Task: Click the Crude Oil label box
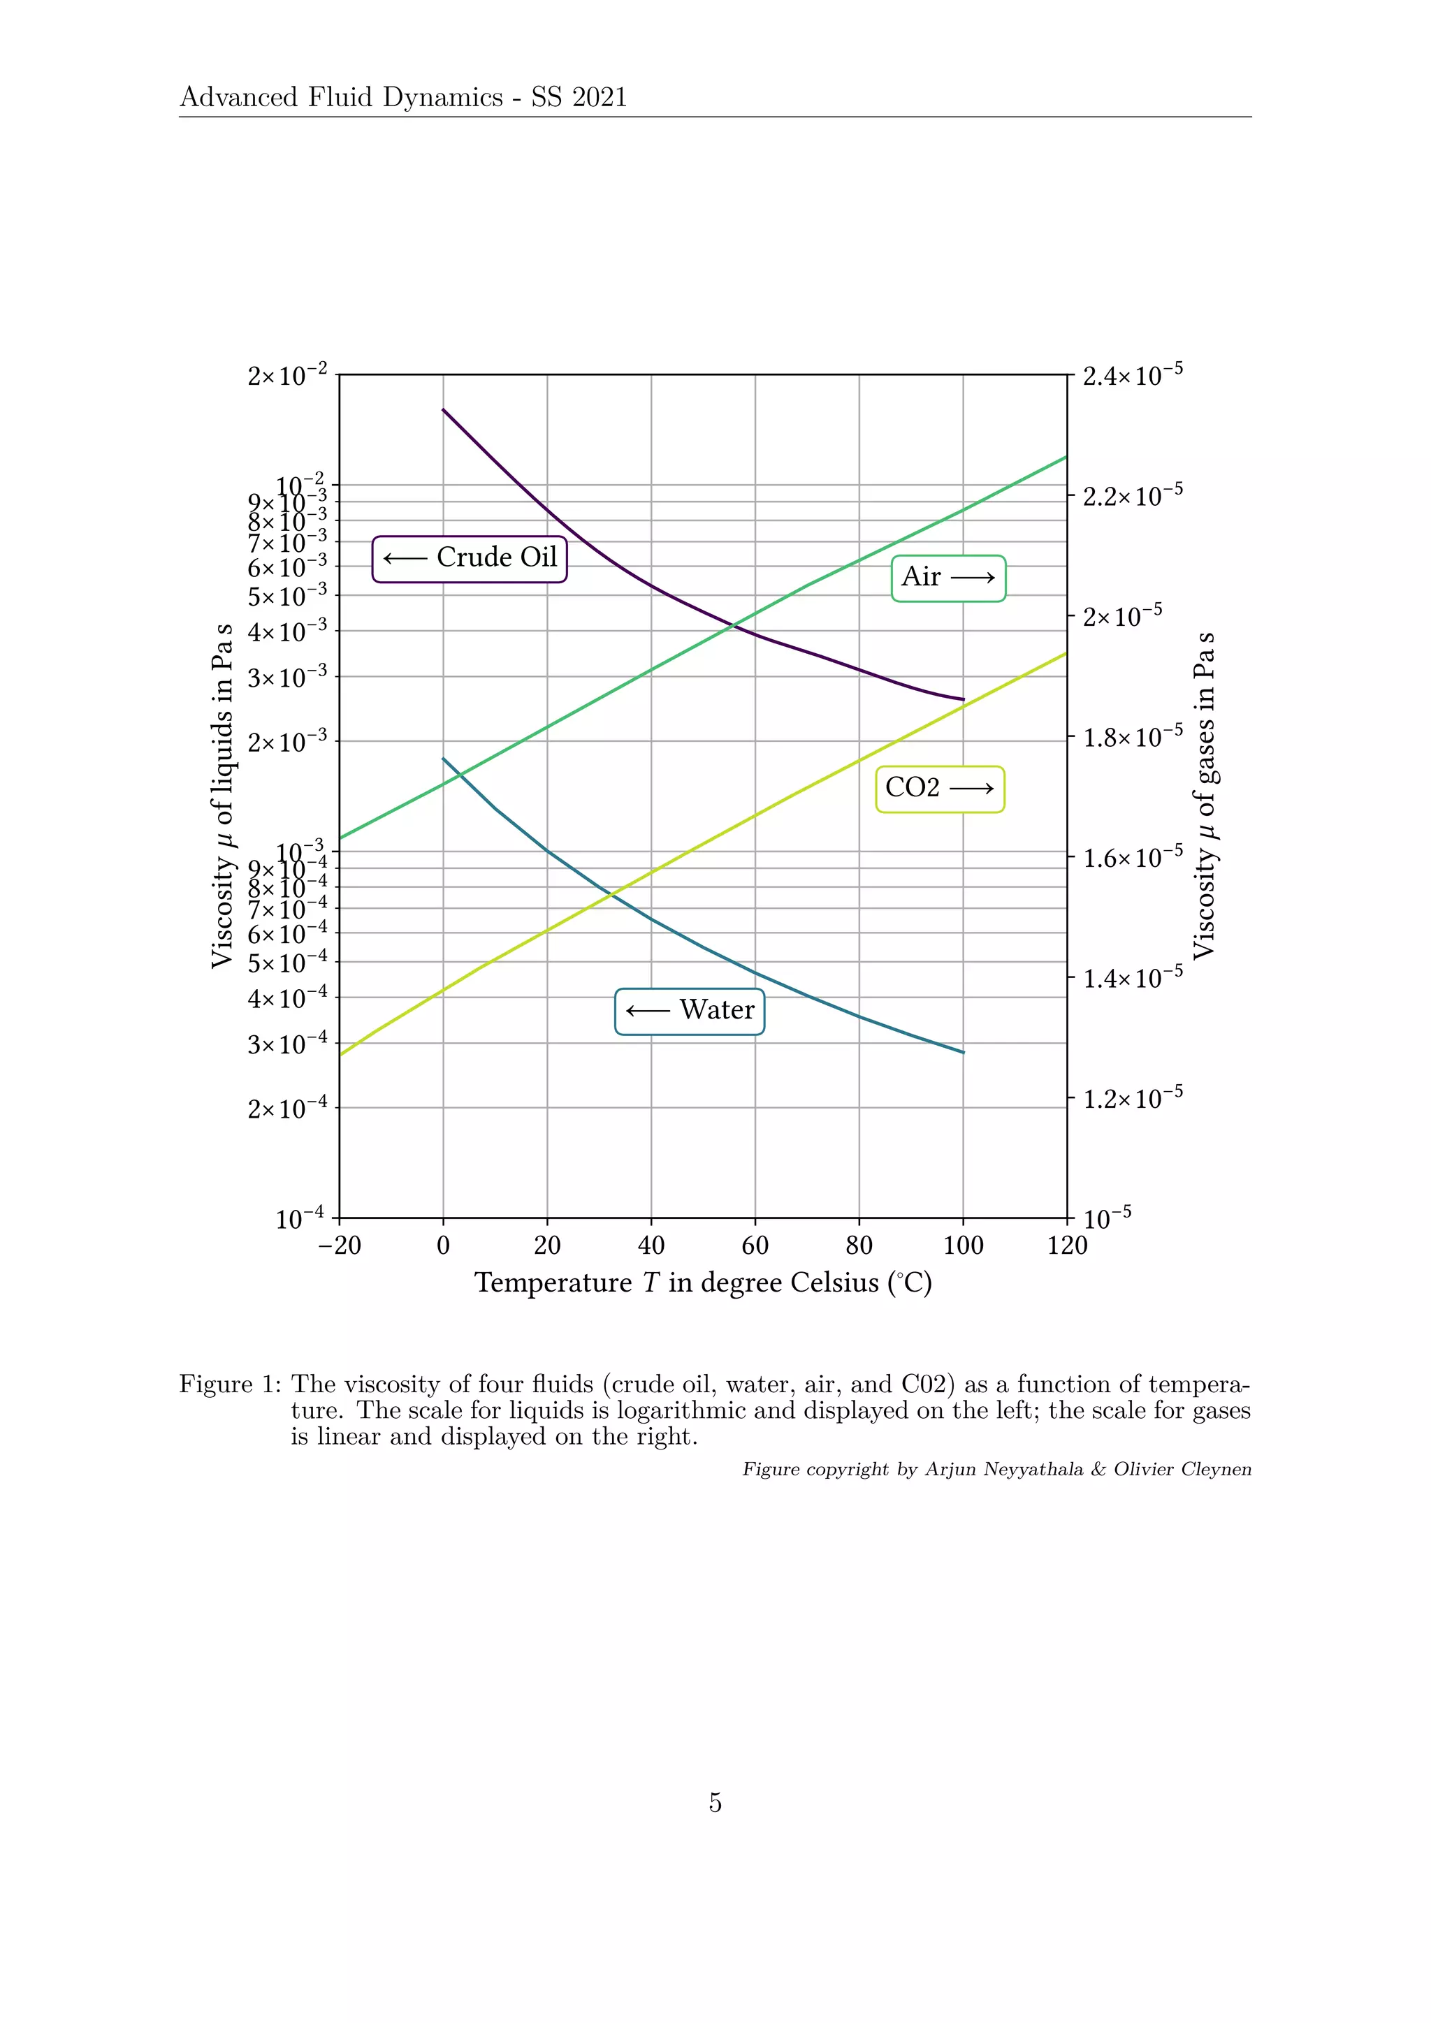(x=470, y=559)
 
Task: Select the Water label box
(x=689, y=1011)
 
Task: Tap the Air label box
(x=948, y=578)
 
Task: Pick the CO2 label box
(x=939, y=789)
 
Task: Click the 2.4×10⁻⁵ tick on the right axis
(x=1131, y=377)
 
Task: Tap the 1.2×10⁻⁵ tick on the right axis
(x=1131, y=1099)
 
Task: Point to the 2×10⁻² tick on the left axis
(x=287, y=377)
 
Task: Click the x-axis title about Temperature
(x=703, y=1283)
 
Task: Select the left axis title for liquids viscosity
(x=223, y=796)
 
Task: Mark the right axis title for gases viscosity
(x=1205, y=796)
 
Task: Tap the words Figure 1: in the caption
(x=230, y=1385)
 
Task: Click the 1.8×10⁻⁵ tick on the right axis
(x=1131, y=738)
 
